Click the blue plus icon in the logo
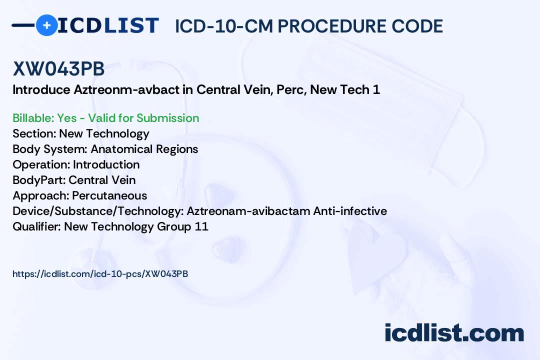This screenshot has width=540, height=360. click(46, 25)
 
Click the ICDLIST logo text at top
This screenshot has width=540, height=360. click(108, 25)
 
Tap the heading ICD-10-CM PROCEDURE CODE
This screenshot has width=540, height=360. click(308, 26)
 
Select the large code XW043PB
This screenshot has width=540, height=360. click(58, 69)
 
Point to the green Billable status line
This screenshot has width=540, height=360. click(105, 118)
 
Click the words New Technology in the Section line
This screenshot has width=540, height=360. click(104, 133)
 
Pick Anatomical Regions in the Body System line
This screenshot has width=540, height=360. click(144, 149)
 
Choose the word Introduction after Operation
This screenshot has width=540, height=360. click(106, 164)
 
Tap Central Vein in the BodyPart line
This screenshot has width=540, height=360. click(102, 180)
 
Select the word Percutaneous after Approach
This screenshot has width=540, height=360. click(109, 195)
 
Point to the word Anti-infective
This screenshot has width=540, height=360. click(350, 211)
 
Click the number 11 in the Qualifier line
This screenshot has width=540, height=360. click(202, 226)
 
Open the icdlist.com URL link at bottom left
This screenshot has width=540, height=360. click(100, 273)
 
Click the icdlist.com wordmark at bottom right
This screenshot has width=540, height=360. click(454, 333)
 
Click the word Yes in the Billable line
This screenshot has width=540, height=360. click(67, 118)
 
